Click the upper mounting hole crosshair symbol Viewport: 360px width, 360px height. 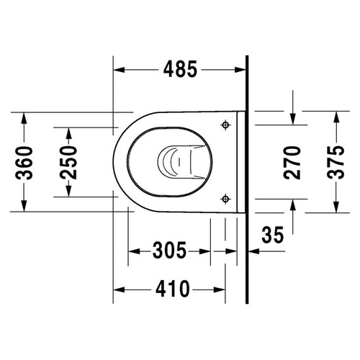click(x=227, y=125)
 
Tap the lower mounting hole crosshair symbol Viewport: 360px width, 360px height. click(x=227, y=198)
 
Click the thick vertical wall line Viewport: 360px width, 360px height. click(x=246, y=180)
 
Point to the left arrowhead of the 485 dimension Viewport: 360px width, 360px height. click(x=120, y=70)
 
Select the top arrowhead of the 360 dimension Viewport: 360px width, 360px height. click(x=24, y=117)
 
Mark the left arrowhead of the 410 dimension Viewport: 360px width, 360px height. click(x=120, y=289)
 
